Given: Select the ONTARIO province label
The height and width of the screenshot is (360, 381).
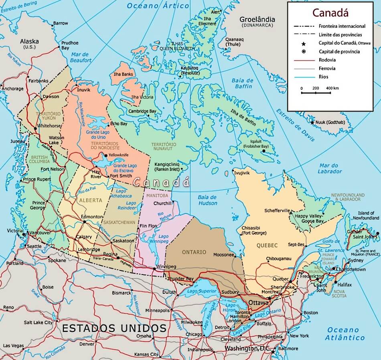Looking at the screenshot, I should pos(194,252).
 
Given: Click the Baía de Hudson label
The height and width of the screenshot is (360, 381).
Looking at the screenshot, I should pos(207,200).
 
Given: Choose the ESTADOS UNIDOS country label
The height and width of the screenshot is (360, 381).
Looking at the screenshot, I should pos(114,328).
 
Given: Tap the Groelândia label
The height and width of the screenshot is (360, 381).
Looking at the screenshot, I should pos(257,19).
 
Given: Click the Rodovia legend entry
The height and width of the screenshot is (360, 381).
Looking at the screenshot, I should pos(327,60).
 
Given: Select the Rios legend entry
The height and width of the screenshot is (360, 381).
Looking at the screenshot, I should pos(324,77).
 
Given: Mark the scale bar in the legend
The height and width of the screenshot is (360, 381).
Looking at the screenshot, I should pos(316,93).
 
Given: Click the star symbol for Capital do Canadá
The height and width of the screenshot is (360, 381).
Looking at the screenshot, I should pos(304,43).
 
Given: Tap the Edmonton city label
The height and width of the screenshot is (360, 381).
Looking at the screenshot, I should pos(92,217).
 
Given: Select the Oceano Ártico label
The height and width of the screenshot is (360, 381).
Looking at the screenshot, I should pos(158,6).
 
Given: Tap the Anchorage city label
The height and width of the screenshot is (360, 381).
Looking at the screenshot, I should pos(13,89).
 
